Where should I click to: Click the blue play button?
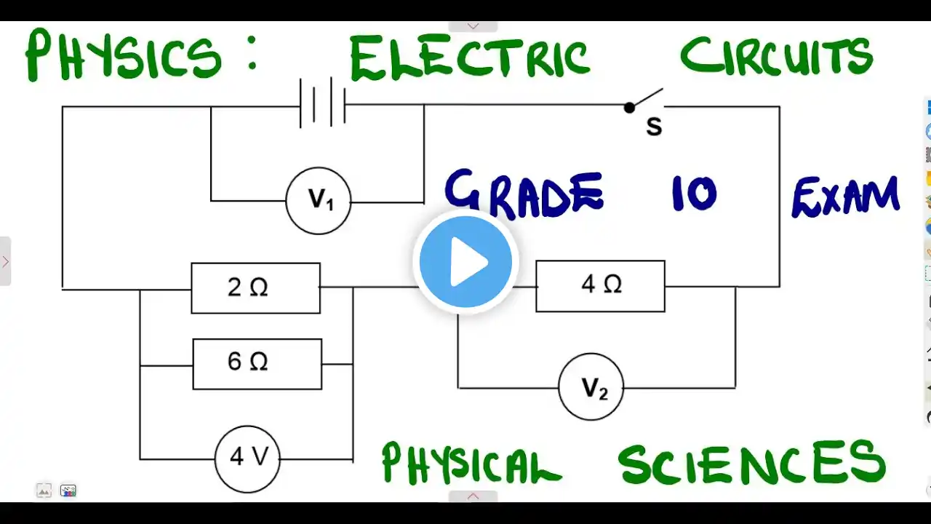(465, 261)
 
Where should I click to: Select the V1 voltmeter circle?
(319, 202)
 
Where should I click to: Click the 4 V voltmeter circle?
(247, 458)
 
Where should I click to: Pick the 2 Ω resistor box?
(255, 288)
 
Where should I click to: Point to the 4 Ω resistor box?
(600, 286)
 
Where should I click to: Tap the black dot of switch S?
(629, 108)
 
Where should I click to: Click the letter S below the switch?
(654, 127)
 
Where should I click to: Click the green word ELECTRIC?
(469, 58)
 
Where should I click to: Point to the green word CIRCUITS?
(776, 55)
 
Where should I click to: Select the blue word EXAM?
(845, 196)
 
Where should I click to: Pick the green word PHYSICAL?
(471, 464)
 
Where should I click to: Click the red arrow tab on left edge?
(5, 261)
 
